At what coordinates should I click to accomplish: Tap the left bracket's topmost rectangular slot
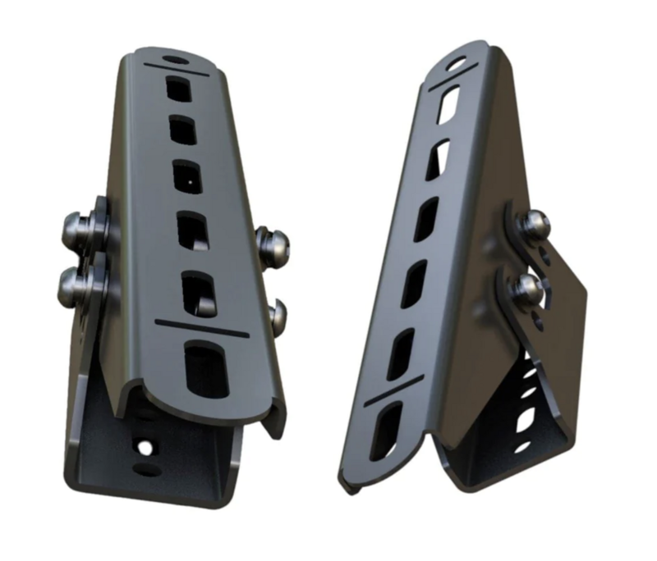[180, 88]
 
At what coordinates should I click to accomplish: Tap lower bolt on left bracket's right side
[278, 315]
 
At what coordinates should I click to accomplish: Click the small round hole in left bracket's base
[145, 448]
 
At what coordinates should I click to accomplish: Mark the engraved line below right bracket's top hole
[453, 82]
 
